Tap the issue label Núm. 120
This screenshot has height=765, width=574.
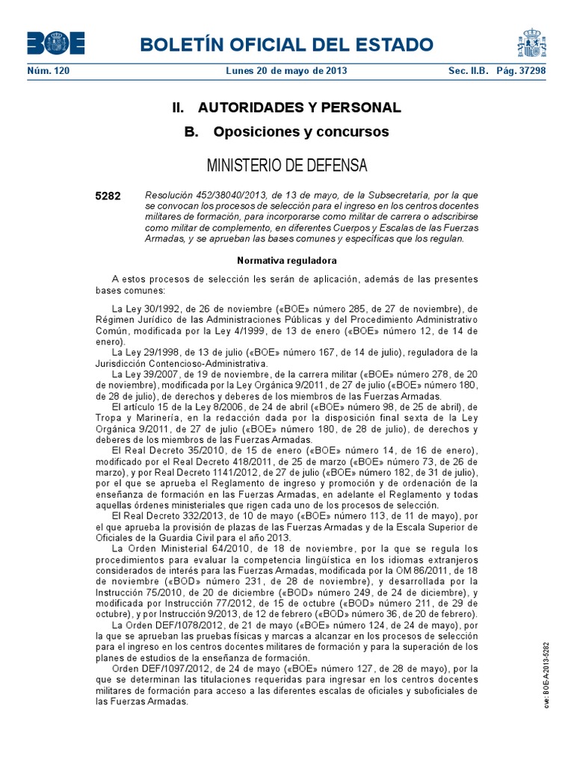click(x=48, y=71)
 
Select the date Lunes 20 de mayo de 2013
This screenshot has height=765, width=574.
click(x=286, y=71)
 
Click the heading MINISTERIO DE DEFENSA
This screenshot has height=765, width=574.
click(x=286, y=164)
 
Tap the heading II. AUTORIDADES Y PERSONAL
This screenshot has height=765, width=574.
click(x=286, y=108)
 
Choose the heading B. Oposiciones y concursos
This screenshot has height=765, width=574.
click(x=286, y=132)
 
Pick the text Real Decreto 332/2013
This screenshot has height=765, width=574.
click(x=177, y=515)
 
